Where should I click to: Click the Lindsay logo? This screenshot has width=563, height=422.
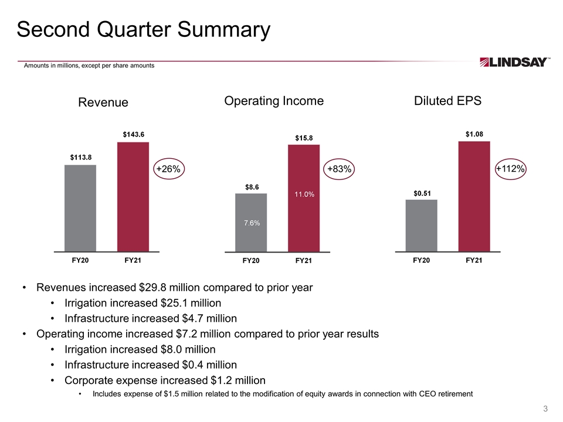(514, 62)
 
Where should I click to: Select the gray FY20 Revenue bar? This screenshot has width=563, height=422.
(80, 208)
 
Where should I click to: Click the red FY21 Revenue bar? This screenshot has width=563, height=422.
(133, 197)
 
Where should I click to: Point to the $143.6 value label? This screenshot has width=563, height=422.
(134, 135)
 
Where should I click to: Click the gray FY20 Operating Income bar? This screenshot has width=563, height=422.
(251, 223)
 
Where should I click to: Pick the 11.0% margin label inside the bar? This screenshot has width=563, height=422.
(304, 195)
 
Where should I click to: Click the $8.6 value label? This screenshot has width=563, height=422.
(252, 188)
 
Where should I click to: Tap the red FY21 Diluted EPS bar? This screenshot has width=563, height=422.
(474, 196)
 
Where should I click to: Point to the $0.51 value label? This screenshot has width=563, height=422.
(422, 194)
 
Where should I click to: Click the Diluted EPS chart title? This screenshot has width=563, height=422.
(447, 101)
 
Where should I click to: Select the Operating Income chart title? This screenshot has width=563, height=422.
(274, 101)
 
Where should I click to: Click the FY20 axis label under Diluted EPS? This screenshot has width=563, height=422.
(422, 260)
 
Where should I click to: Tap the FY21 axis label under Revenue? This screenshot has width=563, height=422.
(133, 260)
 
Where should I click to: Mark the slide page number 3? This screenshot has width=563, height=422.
(545, 409)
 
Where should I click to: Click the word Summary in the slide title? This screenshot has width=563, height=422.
(223, 30)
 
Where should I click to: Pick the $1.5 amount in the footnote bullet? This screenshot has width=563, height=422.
(171, 394)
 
